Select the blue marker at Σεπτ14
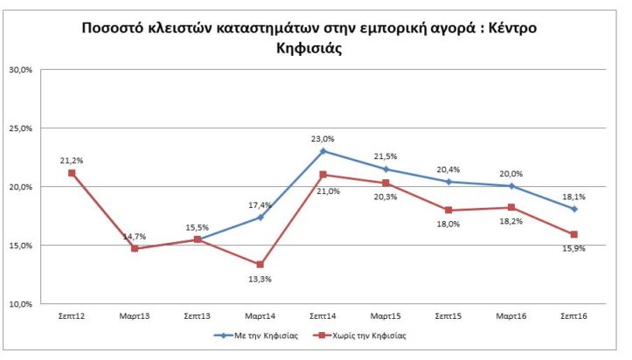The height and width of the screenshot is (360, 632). [323, 151]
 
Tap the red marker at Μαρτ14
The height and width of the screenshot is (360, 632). [260, 265]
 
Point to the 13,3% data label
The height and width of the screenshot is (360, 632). [260, 279]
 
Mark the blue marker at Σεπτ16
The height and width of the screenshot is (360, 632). [575, 209]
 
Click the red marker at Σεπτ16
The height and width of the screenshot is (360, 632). [575, 234]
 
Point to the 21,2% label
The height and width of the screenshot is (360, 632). [72, 160]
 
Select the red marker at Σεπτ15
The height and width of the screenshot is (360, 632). [449, 210]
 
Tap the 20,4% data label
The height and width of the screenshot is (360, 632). [449, 170]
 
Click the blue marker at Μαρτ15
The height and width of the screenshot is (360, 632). [386, 169]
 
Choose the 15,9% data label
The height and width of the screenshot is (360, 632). [575, 249]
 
